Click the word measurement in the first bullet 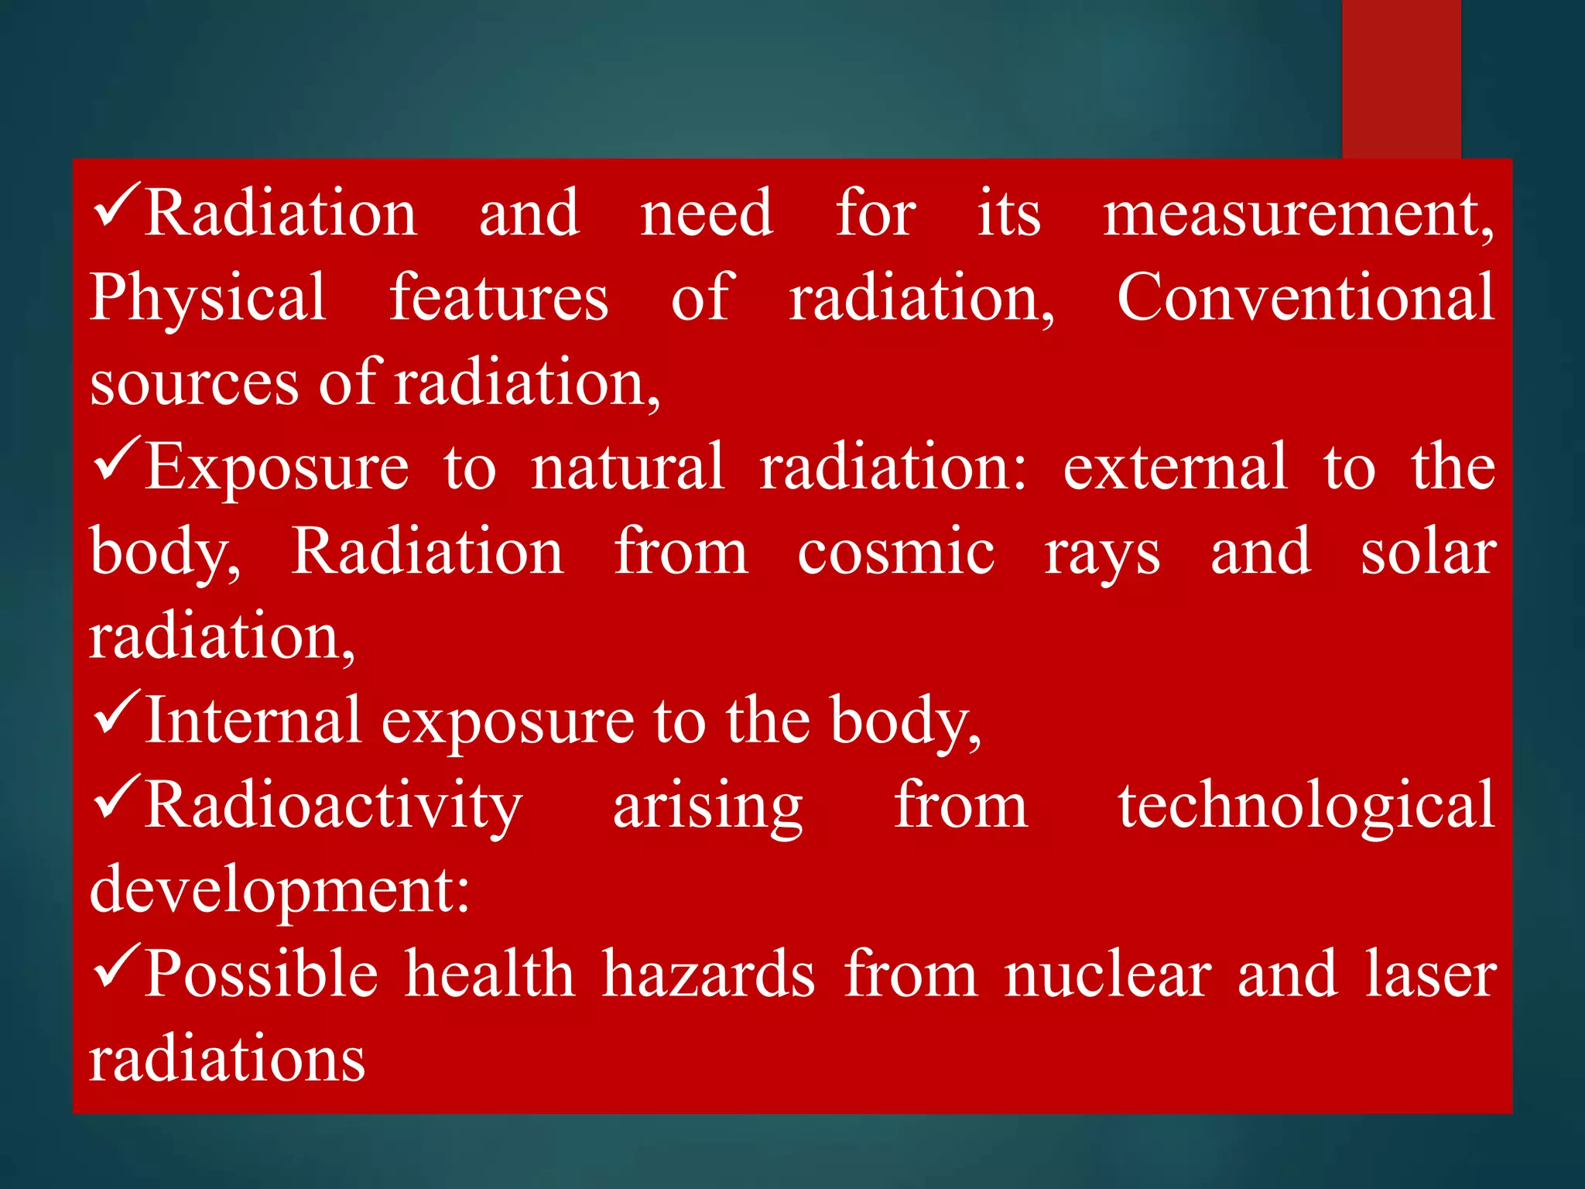(x=1298, y=214)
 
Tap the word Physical (x=207, y=300)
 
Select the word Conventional (x=1306, y=298)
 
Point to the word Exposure (x=277, y=467)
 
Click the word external (x=1175, y=467)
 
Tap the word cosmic (x=895, y=553)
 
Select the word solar (x=1428, y=553)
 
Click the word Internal (x=253, y=721)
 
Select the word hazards (x=708, y=975)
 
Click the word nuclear (x=1107, y=975)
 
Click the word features (x=498, y=298)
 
